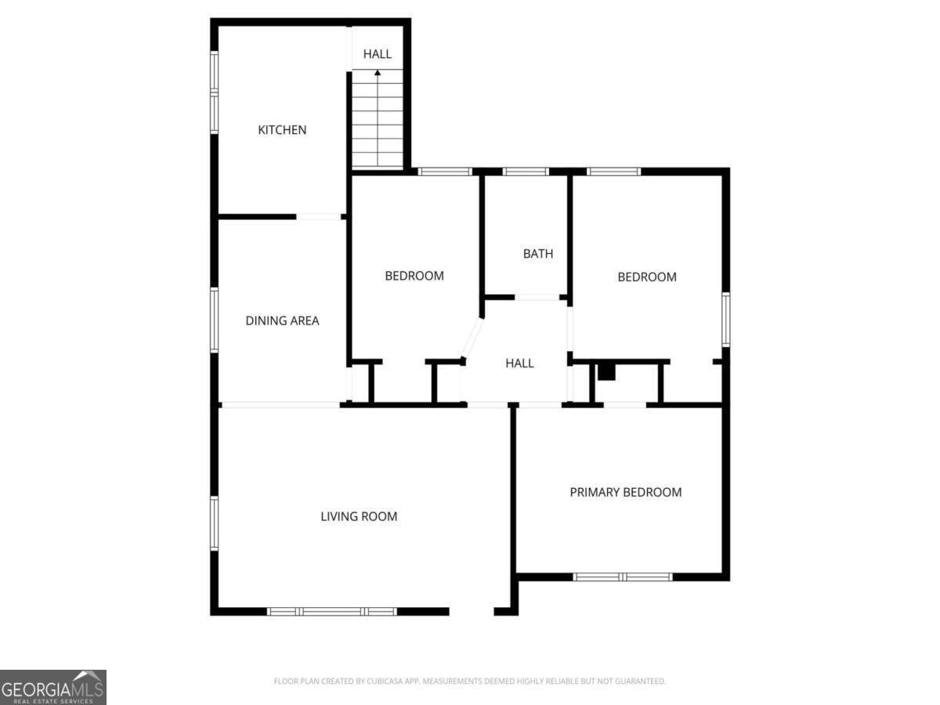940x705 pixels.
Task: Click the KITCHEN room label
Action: click(282, 130)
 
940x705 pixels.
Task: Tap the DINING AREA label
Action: click(282, 320)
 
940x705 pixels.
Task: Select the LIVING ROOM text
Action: click(359, 516)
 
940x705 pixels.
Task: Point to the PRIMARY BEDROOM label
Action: click(625, 492)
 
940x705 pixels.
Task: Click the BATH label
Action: click(538, 253)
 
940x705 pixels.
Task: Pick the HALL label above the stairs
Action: click(377, 54)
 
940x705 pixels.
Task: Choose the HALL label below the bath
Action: click(519, 363)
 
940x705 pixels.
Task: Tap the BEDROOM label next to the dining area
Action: click(414, 276)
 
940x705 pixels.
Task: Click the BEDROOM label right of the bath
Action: click(646, 277)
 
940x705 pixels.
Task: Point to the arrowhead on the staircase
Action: click(378, 73)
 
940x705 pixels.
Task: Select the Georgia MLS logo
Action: click(52, 687)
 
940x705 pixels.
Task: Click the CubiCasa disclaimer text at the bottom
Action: click(469, 681)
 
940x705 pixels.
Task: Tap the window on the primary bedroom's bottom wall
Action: click(623, 577)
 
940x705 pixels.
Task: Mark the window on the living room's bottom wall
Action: click(332, 611)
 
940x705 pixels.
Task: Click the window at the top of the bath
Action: click(526, 172)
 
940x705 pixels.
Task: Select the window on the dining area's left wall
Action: click(214, 320)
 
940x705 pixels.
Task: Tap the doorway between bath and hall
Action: click(537, 298)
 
